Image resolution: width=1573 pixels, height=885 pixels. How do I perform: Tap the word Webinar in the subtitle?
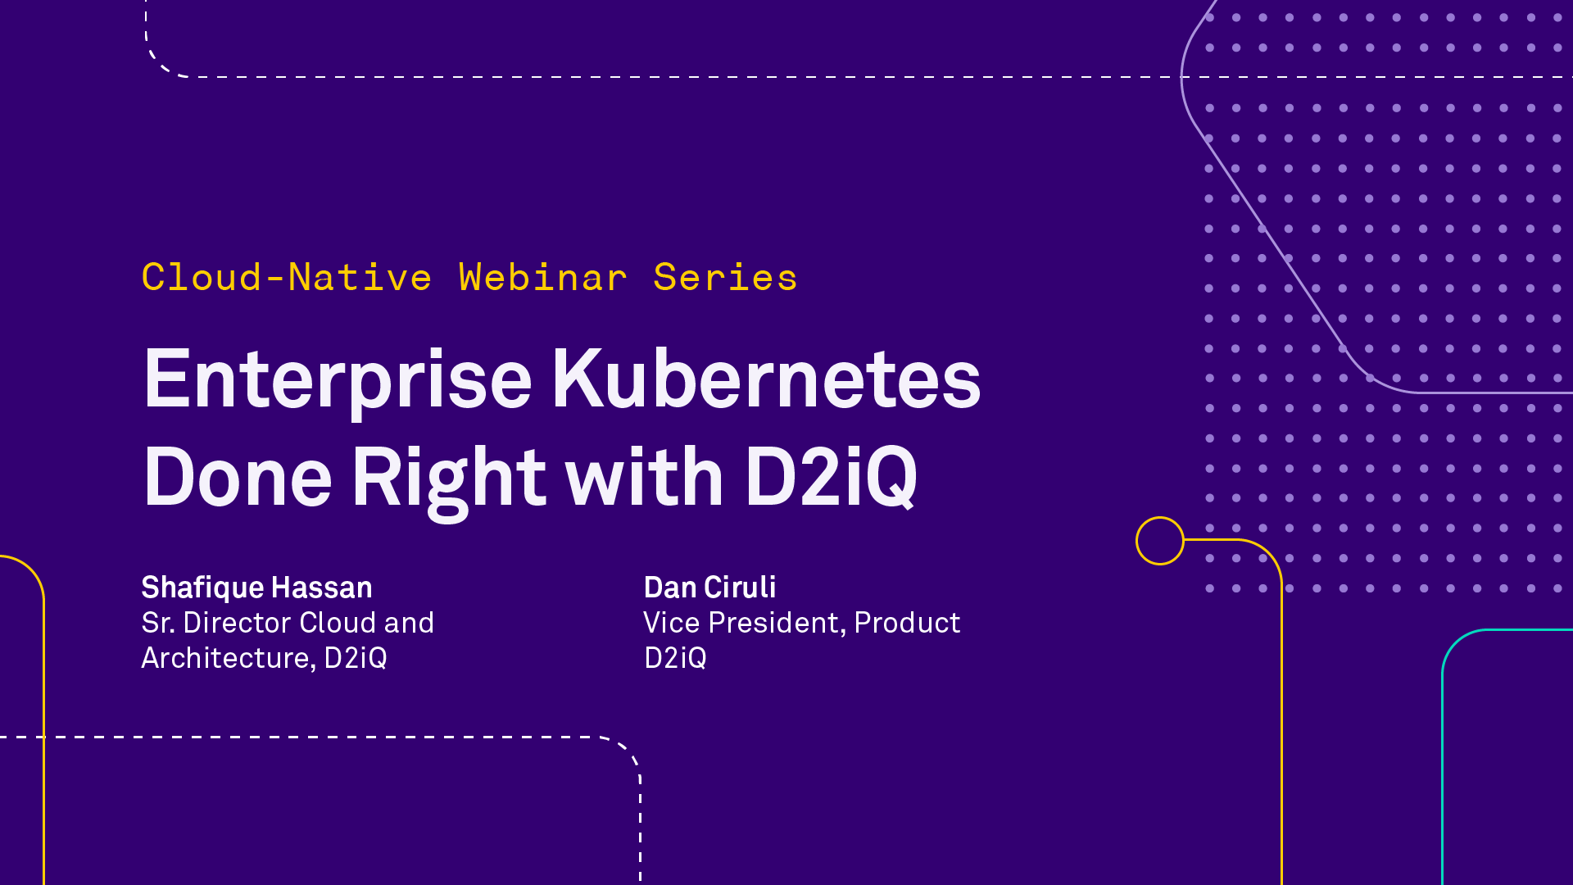(x=543, y=277)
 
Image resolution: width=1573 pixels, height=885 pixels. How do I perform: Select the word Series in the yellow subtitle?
(x=725, y=277)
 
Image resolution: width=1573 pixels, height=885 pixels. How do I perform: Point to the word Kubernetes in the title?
(x=767, y=378)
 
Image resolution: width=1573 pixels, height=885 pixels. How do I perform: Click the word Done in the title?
(x=238, y=476)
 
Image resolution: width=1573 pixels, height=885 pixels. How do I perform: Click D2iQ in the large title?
(x=831, y=477)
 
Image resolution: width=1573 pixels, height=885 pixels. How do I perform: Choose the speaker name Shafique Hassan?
(x=256, y=588)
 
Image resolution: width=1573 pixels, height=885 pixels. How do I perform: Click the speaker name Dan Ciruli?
(x=709, y=588)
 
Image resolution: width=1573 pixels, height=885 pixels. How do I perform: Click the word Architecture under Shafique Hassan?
(x=226, y=658)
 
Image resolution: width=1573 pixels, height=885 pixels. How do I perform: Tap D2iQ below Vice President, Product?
(x=675, y=658)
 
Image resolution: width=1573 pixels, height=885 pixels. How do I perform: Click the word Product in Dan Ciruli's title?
(x=907, y=623)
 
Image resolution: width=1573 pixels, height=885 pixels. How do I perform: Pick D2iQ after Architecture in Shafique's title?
(x=356, y=658)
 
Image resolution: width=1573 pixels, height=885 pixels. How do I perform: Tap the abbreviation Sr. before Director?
(x=158, y=623)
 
